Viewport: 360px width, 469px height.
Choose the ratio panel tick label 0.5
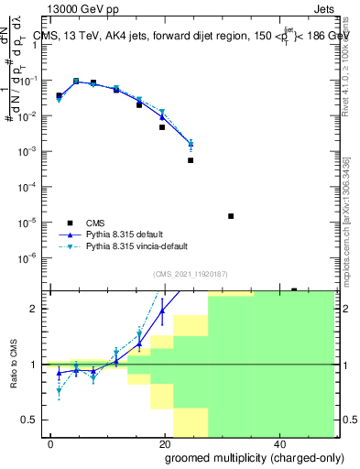(x=33, y=420)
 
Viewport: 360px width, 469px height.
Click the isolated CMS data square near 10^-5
(x=231, y=216)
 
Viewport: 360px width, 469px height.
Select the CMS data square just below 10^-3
(x=191, y=160)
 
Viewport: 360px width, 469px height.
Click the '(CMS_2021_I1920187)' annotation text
(x=191, y=274)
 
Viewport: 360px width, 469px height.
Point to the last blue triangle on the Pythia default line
(x=191, y=144)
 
